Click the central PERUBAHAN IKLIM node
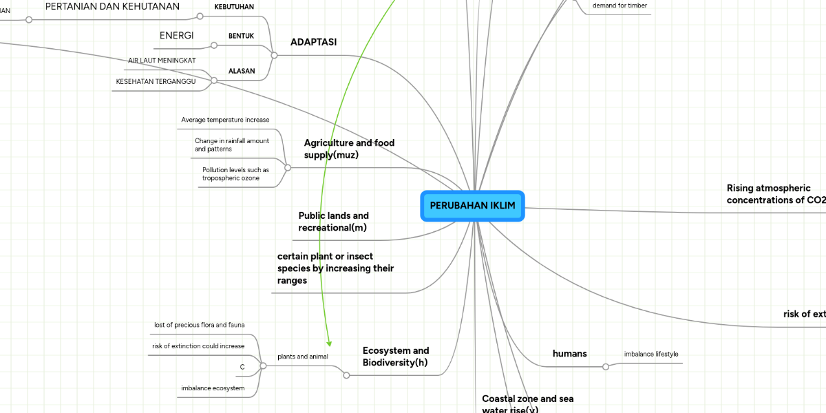[x=472, y=206]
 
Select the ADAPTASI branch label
[x=313, y=42]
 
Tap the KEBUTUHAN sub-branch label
[x=234, y=7]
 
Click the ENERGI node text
[x=176, y=36]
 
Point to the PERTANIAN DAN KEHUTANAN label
[x=112, y=7]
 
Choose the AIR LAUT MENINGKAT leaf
[x=162, y=61]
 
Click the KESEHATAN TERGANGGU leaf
[x=156, y=82]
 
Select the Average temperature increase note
[x=225, y=120]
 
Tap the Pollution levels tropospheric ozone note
[x=235, y=173]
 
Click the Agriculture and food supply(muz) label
[x=349, y=149]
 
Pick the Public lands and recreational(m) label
[x=333, y=221]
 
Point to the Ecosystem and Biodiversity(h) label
[x=395, y=356]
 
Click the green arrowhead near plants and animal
[x=329, y=342]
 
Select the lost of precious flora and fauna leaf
[x=199, y=325]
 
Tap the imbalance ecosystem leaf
[x=213, y=388]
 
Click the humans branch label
[x=569, y=353]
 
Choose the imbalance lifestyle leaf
[x=650, y=354]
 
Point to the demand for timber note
[x=619, y=6]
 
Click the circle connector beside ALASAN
[x=214, y=81]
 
